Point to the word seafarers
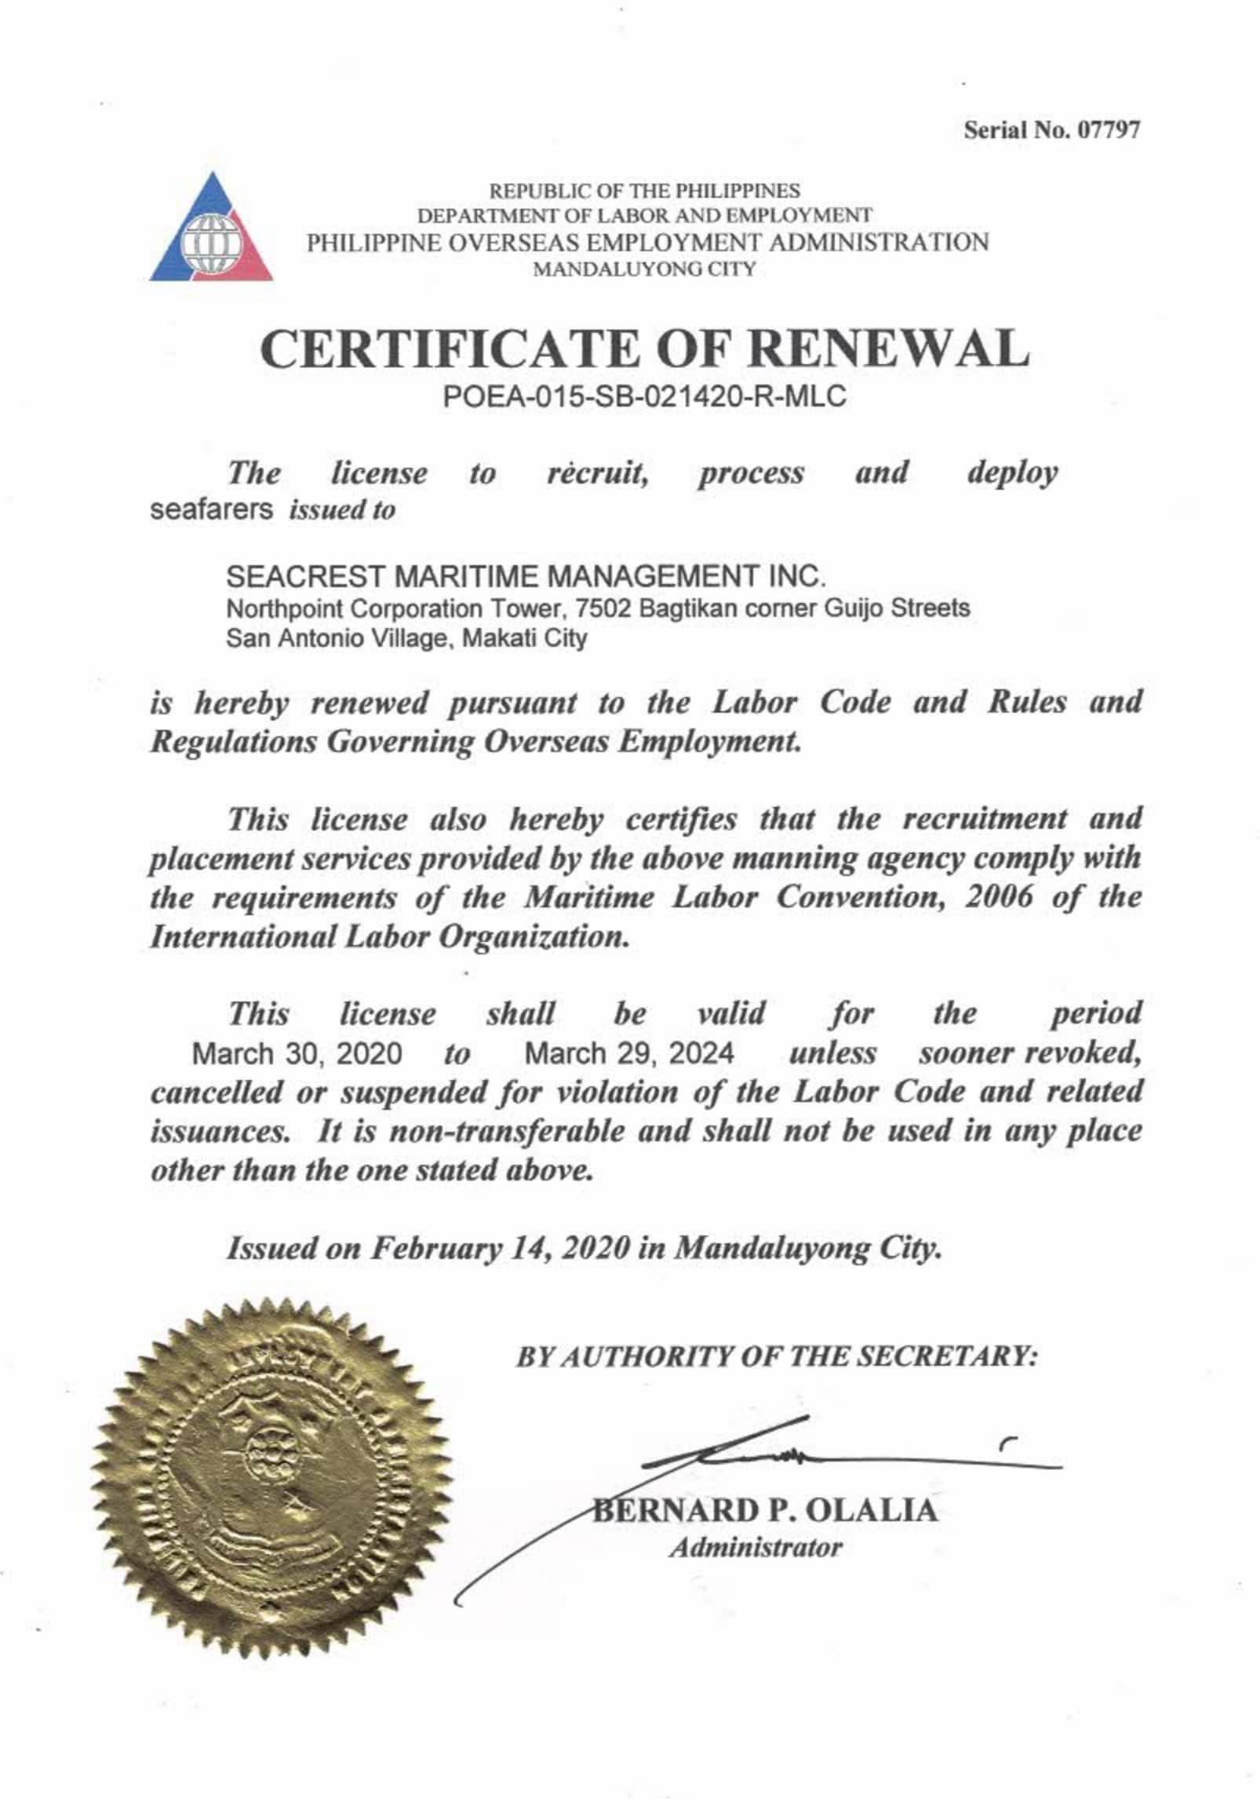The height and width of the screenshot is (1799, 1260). point(211,510)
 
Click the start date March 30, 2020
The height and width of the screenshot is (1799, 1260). point(297,1053)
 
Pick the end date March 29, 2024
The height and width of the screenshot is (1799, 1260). point(629,1053)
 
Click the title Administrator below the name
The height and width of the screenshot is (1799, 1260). point(756,1548)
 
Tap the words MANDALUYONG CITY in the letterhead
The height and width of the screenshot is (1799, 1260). point(644,270)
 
